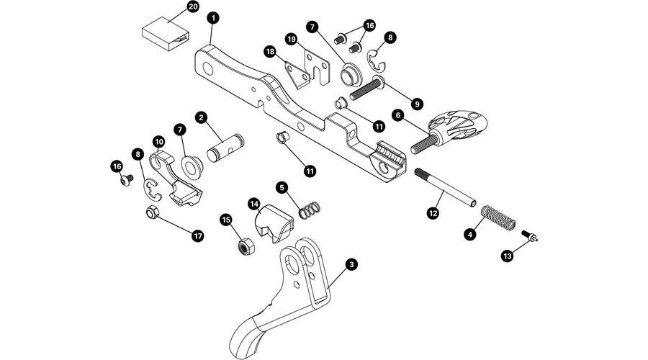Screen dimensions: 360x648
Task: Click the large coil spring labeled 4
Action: pos(498,217)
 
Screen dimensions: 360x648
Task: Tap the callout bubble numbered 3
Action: pos(351,264)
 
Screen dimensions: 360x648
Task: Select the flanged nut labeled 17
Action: pos(153,214)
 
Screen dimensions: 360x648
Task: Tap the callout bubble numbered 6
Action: pos(397,114)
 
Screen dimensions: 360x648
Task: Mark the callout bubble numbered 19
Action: pos(292,38)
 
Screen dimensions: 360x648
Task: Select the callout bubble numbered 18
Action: pos(270,52)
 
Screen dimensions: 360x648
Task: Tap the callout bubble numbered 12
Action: pos(433,213)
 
